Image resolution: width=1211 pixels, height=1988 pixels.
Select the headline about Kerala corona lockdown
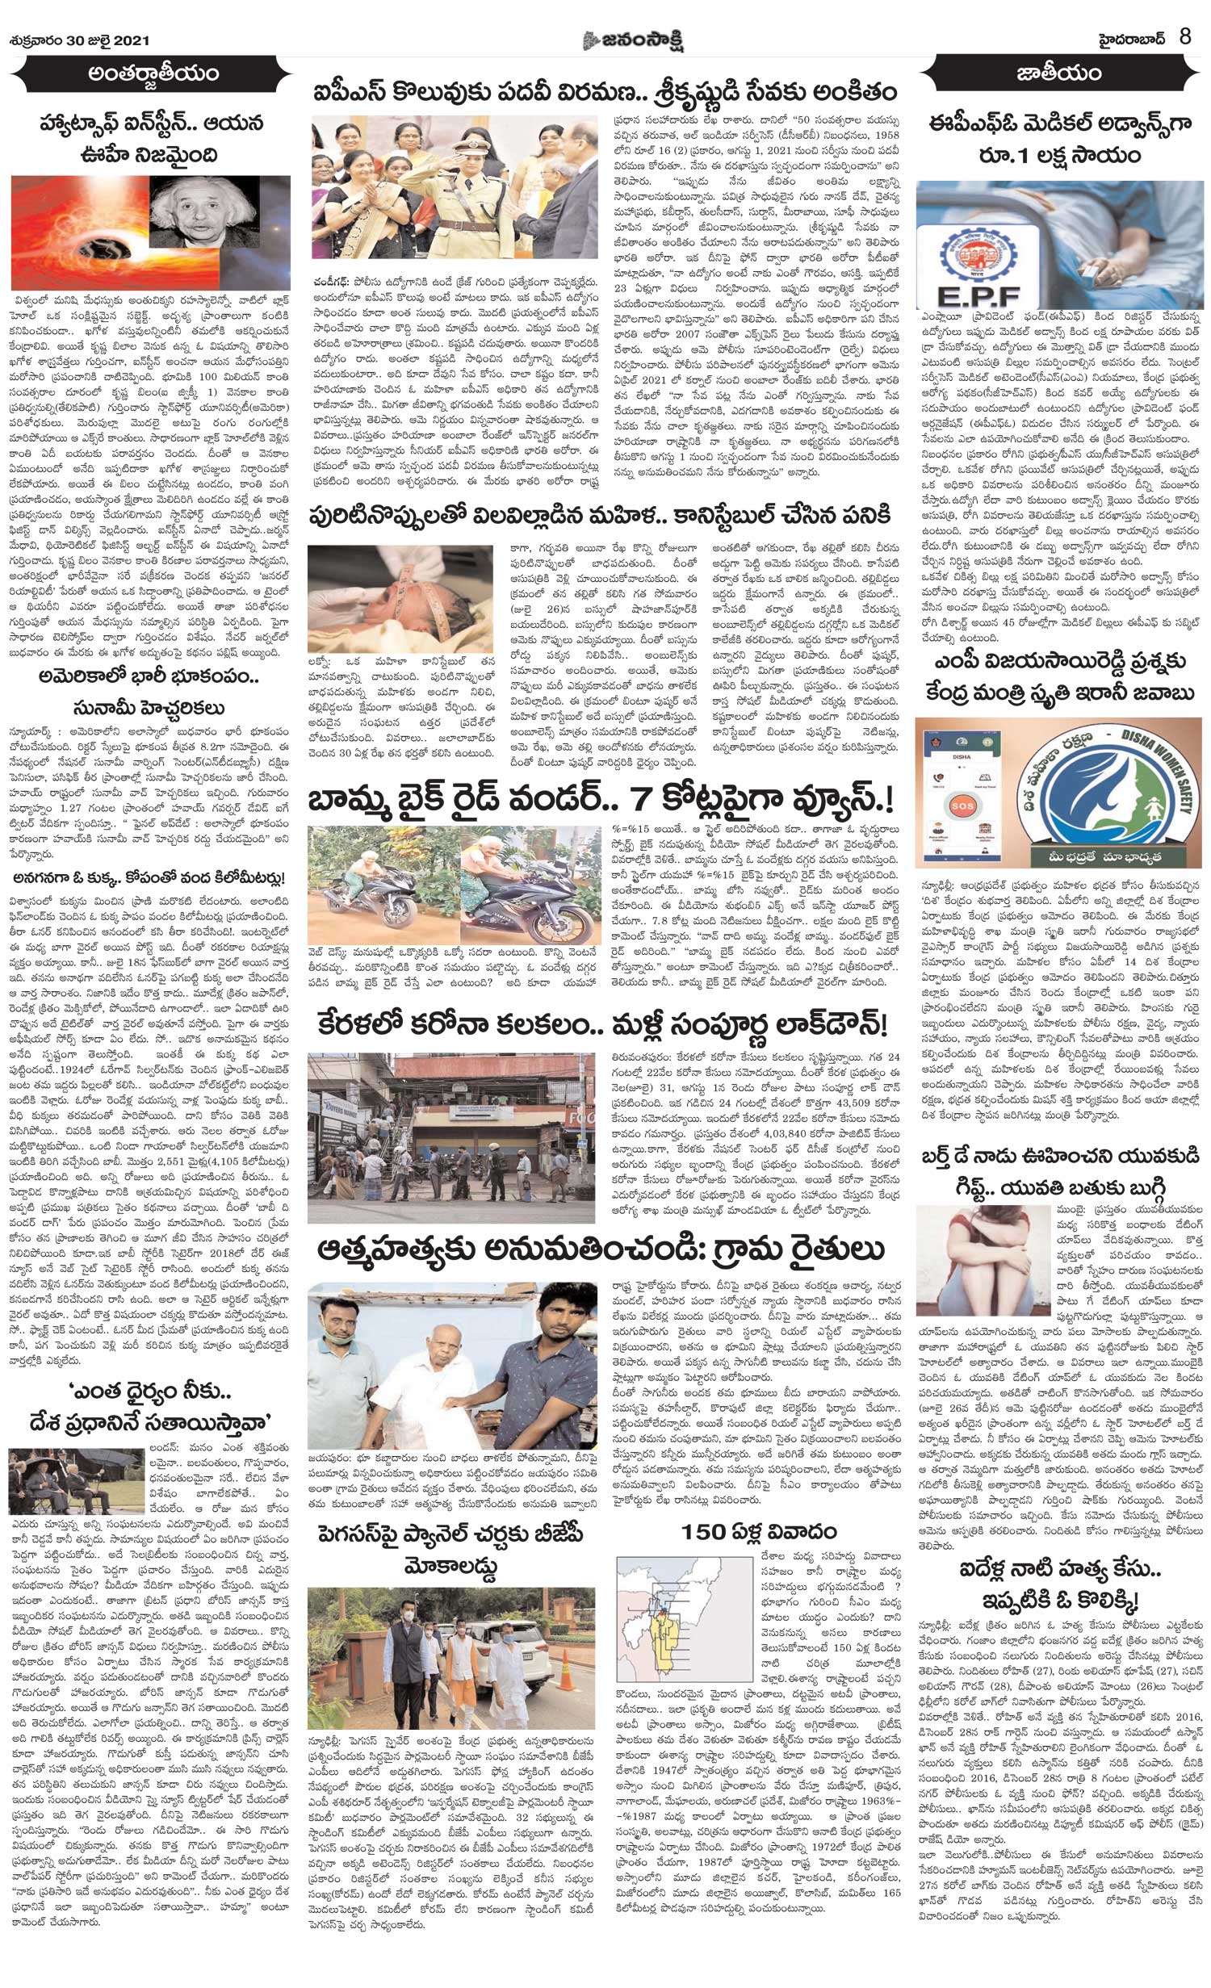597,1025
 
